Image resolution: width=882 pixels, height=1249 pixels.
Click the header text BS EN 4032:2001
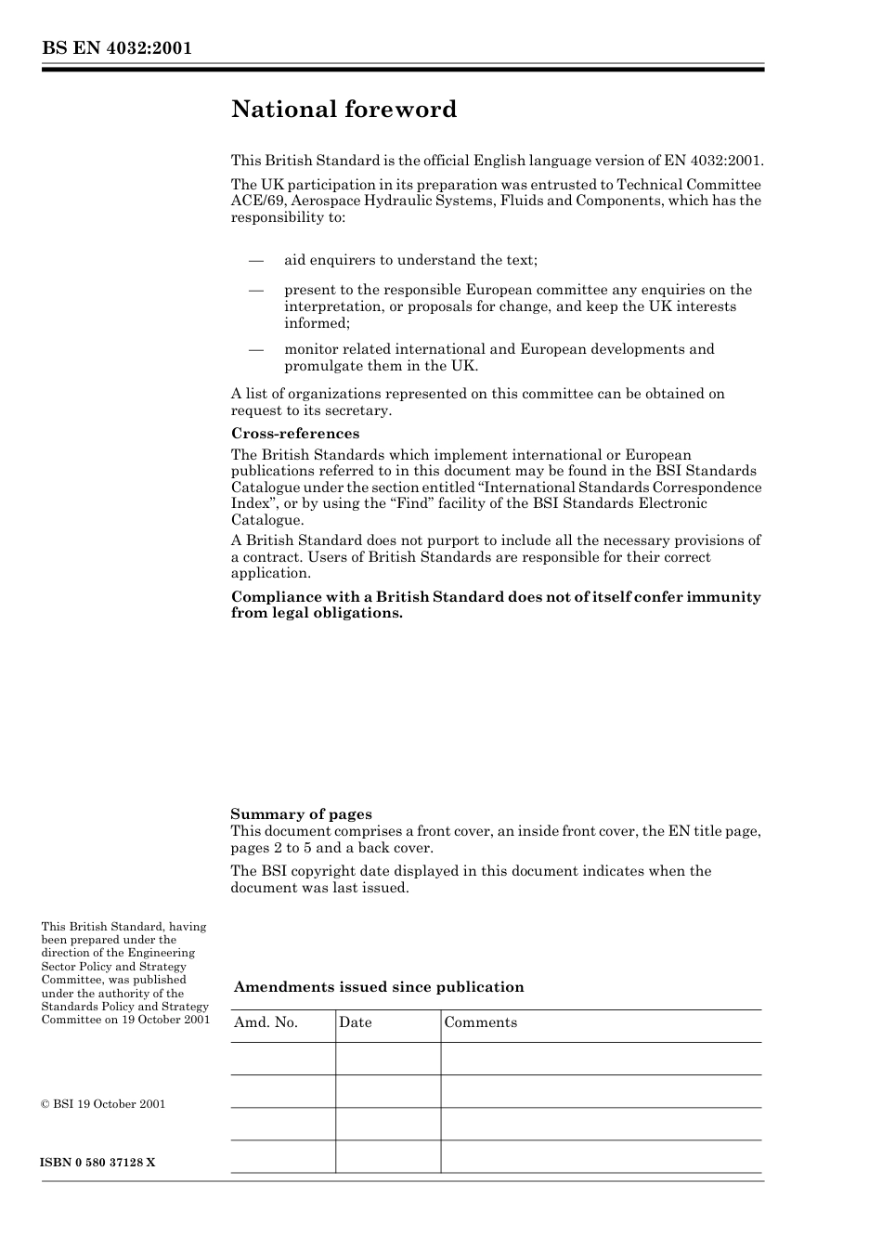point(116,48)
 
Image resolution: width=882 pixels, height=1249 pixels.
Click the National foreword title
point(344,110)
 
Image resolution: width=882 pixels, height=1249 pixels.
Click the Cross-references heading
point(294,434)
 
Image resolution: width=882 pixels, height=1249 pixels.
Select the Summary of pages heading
point(301,814)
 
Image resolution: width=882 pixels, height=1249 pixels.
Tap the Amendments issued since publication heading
point(379,987)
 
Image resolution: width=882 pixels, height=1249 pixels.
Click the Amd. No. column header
point(266,1022)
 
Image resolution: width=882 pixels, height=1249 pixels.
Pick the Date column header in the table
point(355,1022)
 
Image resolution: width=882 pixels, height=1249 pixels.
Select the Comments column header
point(480,1022)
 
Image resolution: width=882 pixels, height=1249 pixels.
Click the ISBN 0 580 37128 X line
point(97,1163)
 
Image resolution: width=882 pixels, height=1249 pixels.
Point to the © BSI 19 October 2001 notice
point(103,1104)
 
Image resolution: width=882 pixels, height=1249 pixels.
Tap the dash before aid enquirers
point(256,260)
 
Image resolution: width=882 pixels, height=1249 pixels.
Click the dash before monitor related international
point(256,349)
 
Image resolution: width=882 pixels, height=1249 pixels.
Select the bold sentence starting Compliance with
point(496,605)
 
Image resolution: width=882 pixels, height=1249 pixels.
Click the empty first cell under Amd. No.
point(282,1059)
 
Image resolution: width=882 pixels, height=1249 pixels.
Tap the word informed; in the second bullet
point(317,323)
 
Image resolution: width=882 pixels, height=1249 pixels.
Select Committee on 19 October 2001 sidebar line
point(125,1020)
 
